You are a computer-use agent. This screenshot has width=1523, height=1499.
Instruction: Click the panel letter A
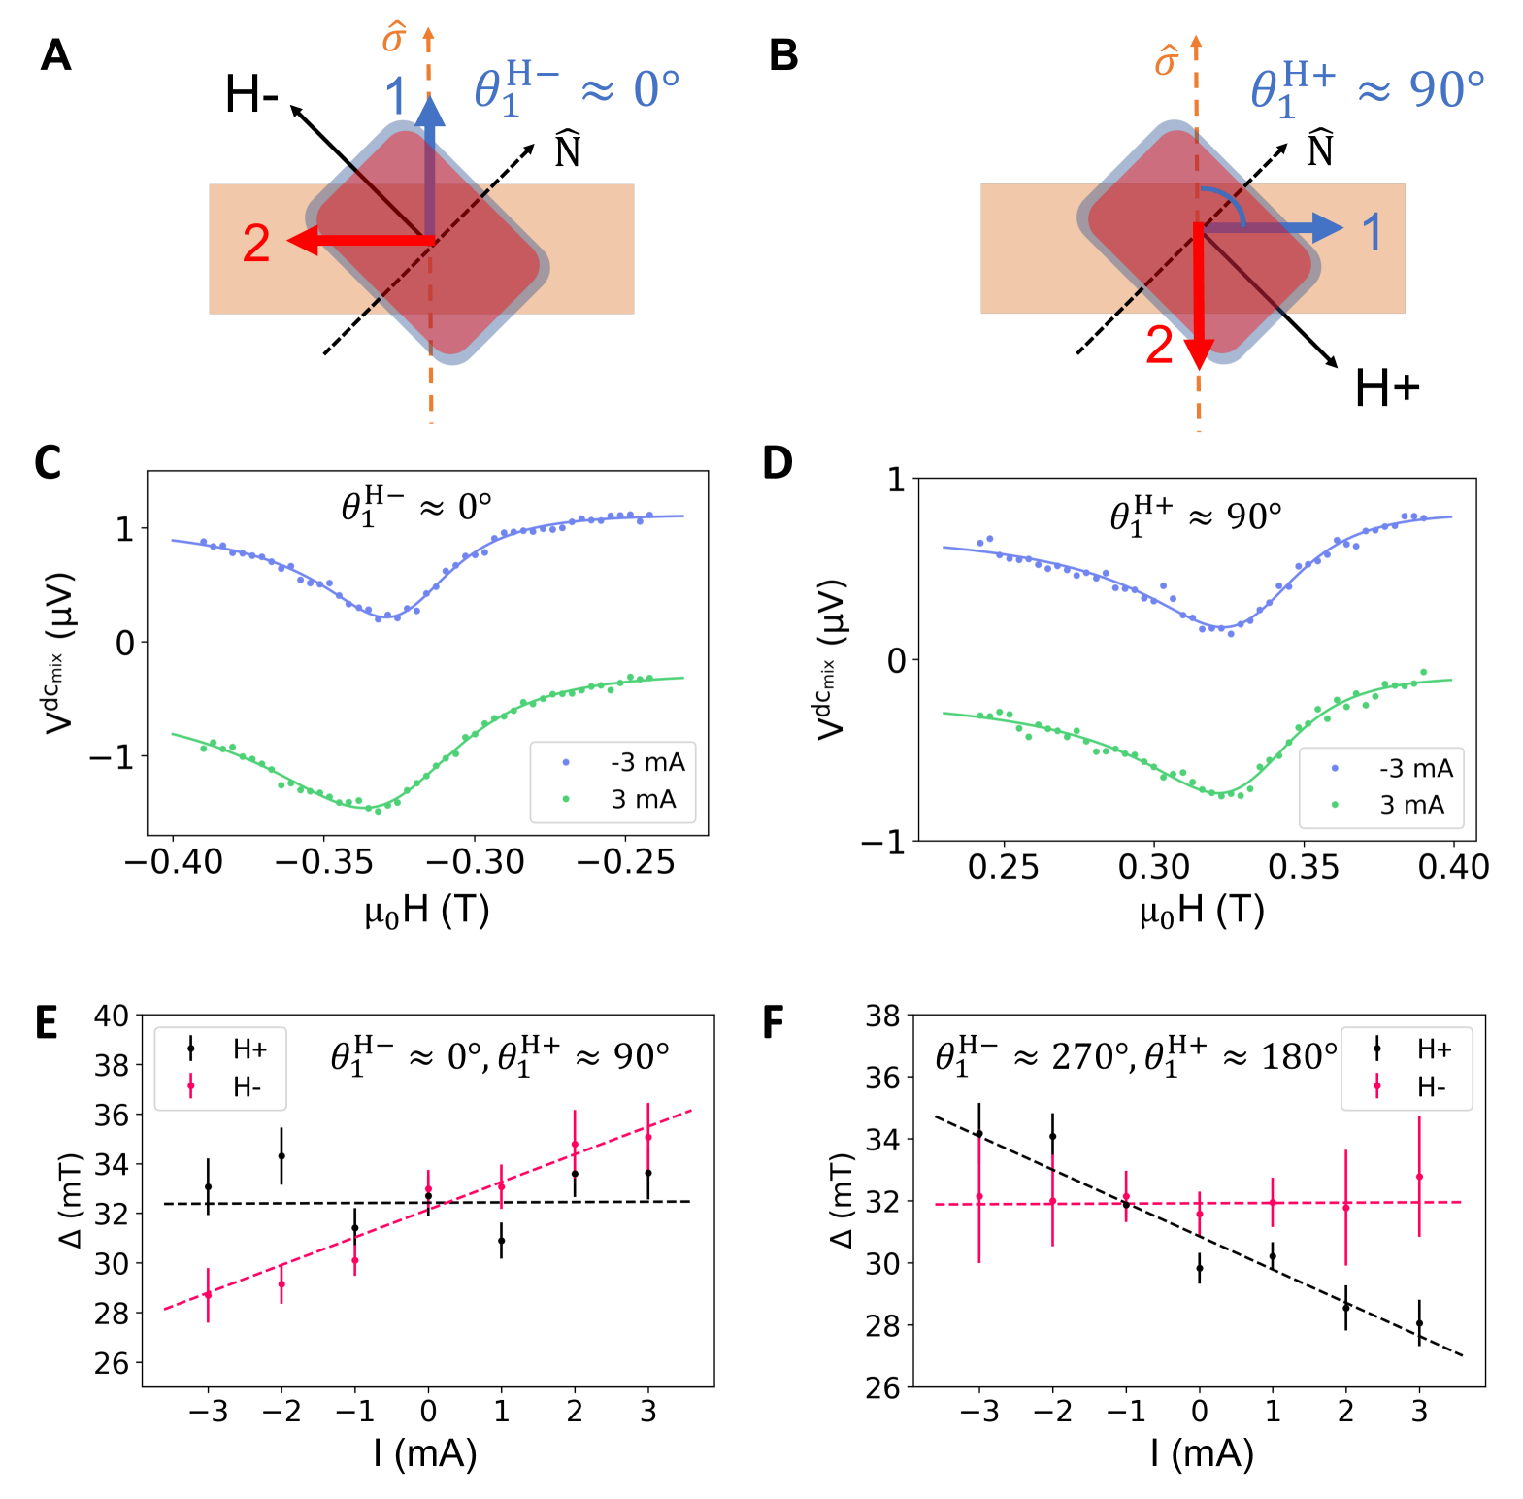pyautogui.click(x=55, y=55)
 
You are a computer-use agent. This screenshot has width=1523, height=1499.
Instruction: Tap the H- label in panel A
pyautogui.click(x=251, y=95)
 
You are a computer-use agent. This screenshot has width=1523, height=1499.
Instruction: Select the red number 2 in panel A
pyautogui.click(x=256, y=244)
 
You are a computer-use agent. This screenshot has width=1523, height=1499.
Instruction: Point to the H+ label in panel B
pyautogui.click(x=1386, y=389)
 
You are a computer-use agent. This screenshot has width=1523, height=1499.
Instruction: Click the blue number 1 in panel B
pyautogui.click(x=1372, y=233)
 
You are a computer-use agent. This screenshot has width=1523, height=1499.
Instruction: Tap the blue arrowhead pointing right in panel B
pyautogui.click(x=1328, y=228)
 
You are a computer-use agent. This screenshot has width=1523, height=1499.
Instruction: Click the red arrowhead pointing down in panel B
pyautogui.click(x=1200, y=353)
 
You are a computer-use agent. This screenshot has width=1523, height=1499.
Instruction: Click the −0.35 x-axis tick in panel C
pyautogui.click(x=324, y=862)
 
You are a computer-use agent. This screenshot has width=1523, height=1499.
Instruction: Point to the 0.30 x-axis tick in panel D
pyautogui.click(x=1154, y=867)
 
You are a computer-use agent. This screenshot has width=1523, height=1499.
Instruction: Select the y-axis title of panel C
pyautogui.click(x=59, y=652)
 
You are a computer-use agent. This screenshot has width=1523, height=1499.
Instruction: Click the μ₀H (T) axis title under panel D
pyautogui.click(x=1202, y=912)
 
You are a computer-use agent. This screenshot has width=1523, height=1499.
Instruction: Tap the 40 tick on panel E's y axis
pyautogui.click(x=111, y=1016)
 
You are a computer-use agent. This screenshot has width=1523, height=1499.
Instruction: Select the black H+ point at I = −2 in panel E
pyautogui.click(x=281, y=1156)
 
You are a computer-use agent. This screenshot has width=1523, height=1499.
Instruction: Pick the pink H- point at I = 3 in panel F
pyautogui.click(x=1419, y=1177)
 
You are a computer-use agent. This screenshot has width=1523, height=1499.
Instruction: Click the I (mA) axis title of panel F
pyautogui.click(x=1202, y=1454)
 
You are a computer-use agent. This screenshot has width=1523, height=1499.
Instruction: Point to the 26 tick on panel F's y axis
pyautogui.click(x=882, y=1387)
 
